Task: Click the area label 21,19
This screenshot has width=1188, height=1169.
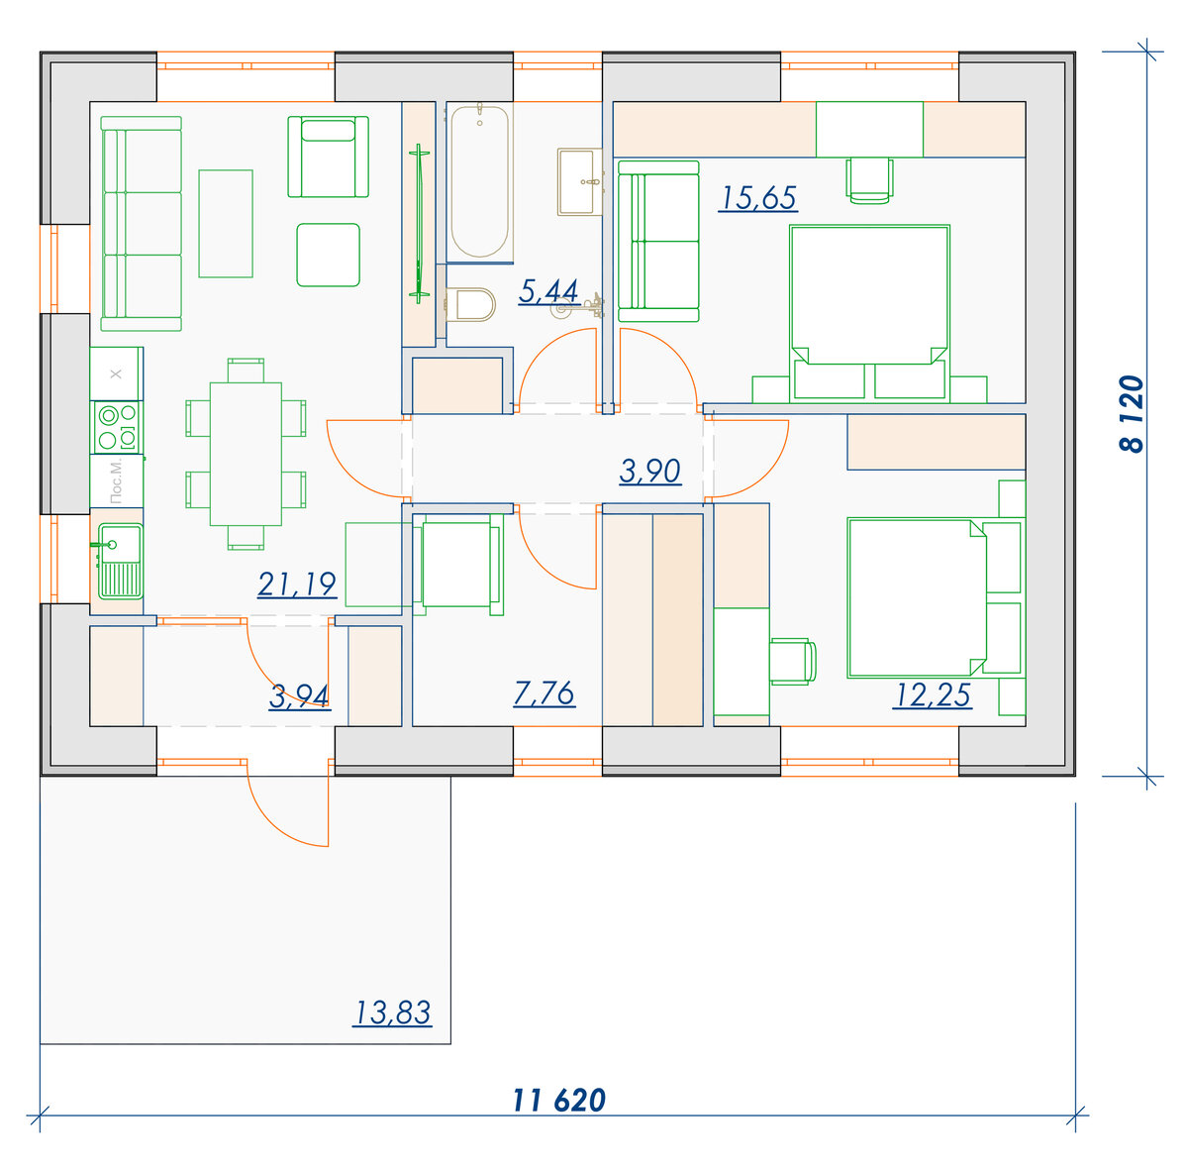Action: pos(297,584)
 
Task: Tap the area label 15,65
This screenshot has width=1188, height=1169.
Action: pos(757,198)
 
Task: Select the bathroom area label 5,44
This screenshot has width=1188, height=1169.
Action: pos(548,291)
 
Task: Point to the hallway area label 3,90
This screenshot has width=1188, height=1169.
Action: pos(650,471)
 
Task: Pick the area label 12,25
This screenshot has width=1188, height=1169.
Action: pos(933,695)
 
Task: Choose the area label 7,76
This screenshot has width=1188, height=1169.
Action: pos(544,693)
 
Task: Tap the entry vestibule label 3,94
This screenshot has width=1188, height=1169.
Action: pos(299,697)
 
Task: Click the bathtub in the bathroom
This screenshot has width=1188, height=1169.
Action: pos(479,182)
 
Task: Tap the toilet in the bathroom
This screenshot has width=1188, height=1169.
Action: pos(470,304)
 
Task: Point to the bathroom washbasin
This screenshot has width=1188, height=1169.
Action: pos(579,182)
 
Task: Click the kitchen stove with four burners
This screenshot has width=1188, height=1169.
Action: pos(117,427)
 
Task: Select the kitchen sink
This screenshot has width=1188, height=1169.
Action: pos(119,561)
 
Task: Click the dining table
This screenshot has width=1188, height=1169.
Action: pos(246,454)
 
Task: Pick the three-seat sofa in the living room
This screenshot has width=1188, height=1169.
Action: pos(142,224)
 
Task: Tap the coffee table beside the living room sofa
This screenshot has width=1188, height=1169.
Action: pos(226,224)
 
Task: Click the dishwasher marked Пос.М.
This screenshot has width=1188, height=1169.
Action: pos(117,481)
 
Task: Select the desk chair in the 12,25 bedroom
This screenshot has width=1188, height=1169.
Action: pos(793,662)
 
